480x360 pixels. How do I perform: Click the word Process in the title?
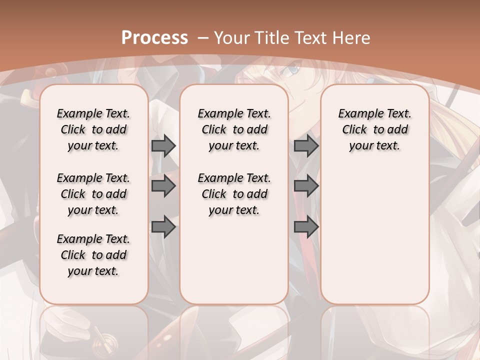point(154,37)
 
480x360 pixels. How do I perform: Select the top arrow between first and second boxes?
point(163,146)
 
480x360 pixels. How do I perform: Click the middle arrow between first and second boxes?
point(163,186)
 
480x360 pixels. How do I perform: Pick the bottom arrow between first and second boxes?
point(163,227)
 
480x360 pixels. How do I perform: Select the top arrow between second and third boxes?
point(306,146)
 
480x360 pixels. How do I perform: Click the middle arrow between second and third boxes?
point(306,186)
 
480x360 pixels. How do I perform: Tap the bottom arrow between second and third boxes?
point(306,227)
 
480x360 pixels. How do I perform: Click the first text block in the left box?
point(93,129)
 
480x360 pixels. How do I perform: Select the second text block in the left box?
point(93,194)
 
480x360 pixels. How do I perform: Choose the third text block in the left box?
point(93,255)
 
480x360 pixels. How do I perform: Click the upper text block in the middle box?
point(234,129)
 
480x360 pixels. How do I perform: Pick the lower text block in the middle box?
point(234,194)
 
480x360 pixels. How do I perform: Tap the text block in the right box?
point(374,129)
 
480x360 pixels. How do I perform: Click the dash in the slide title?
point(203,37)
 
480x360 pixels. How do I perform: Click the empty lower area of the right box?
point(374,235)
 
